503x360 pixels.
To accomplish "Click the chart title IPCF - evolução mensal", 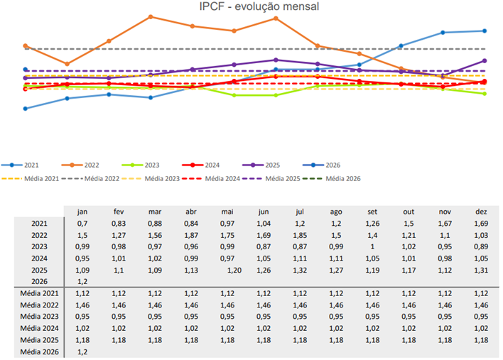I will coord(259,6).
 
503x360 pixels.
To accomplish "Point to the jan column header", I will coord(82,211).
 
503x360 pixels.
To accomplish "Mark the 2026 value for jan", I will coord(81,282).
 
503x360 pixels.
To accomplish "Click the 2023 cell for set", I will coord(372,246).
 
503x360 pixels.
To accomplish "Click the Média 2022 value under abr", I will coord(191,305).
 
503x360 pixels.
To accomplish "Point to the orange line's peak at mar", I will coord(151,16).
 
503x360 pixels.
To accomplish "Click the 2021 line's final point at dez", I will coord(484,31).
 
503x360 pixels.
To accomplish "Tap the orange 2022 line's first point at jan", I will coord(26,46).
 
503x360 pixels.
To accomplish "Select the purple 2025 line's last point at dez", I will coord(484,61).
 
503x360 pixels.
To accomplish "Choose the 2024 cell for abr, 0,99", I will coord(191,258).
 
